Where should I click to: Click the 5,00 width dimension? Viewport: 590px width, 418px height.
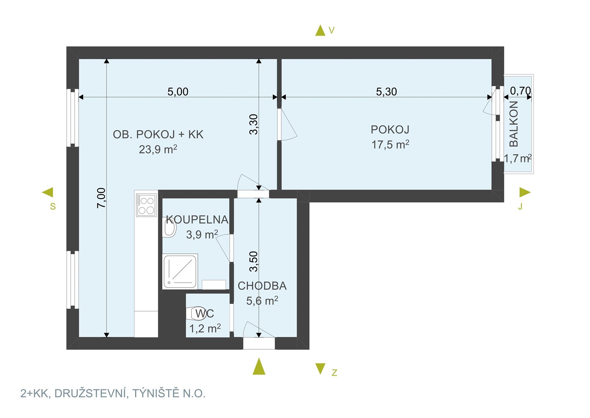178,92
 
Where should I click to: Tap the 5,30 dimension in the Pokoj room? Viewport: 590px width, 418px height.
386,92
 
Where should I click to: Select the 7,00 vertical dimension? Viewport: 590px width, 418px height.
101,198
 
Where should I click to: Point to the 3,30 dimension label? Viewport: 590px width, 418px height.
254,124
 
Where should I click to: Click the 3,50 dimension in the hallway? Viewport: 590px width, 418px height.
254,261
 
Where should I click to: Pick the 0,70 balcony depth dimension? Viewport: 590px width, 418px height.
520,91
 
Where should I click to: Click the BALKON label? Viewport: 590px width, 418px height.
514,124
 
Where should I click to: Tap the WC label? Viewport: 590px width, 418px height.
205,313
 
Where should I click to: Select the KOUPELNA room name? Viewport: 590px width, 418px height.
197,220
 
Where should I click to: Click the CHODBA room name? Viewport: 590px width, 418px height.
262,286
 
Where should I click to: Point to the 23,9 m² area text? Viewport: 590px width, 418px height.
158,149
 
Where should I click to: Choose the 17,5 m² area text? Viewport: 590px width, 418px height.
391,144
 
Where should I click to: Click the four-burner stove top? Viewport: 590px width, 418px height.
146,205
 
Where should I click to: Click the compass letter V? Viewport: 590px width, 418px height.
332,31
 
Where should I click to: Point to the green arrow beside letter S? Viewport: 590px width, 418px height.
48,192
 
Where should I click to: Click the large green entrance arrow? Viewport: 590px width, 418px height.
259,366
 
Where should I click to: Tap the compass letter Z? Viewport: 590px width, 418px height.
334,373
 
